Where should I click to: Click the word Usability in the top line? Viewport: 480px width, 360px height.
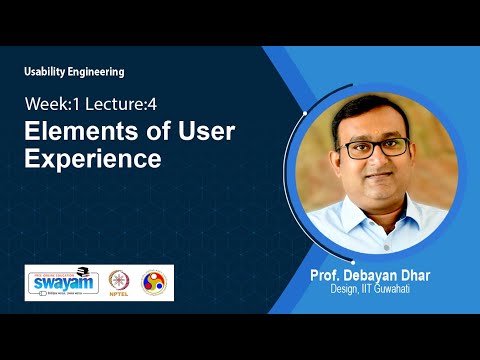pyautogui.click(x=48, y=72)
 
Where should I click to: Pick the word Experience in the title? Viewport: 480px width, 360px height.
pyautogui.click(x=93, y=157)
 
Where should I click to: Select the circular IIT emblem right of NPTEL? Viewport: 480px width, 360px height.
pyautogui.click(x=156, y=282)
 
